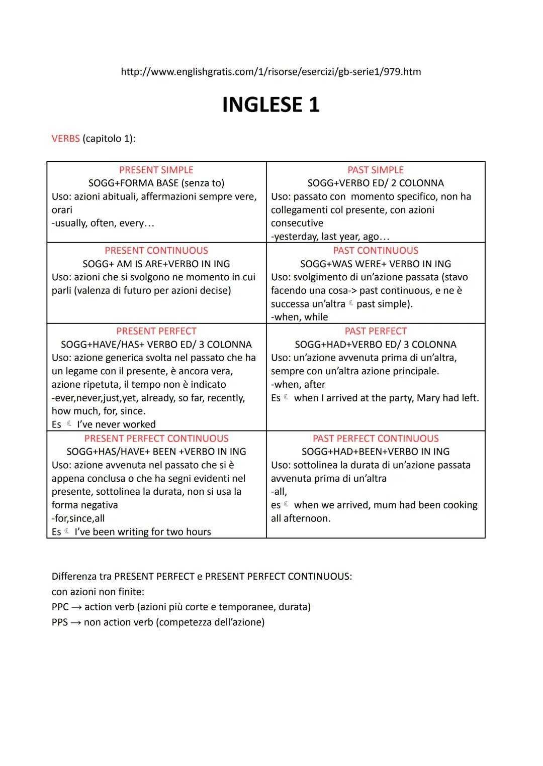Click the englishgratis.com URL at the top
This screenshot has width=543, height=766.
pos(270,72)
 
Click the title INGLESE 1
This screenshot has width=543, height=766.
pos(270,105)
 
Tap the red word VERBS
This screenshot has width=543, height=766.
pos(65,139)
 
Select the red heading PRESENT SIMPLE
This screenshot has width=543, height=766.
pos(156,170)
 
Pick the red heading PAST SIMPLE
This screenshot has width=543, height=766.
pos(376,170)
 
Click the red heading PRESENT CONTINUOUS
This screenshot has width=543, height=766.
pos(156,251)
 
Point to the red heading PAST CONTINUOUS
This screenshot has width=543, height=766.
pos(376,251)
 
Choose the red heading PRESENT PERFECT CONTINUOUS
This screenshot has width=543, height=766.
pos(156,439)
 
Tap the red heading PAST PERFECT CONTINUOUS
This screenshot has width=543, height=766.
pos(376,439)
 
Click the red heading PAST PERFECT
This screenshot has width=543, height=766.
pos(376,331)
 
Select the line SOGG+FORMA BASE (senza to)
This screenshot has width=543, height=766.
pos(156,183)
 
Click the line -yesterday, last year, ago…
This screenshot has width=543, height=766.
pos(330,237)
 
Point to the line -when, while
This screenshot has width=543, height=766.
pos(299,317)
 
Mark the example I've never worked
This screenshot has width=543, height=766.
pos(116,424)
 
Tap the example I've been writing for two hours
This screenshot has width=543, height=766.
pos(143,532)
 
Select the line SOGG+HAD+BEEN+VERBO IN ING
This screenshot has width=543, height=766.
pos(376,452)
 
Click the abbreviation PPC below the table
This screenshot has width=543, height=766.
pos(60,607)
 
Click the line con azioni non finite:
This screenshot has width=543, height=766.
pos(98,592)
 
